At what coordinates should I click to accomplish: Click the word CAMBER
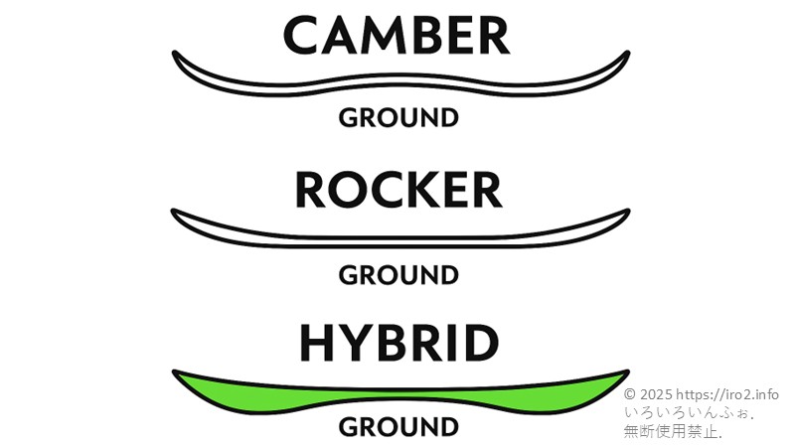(x=397, y=36)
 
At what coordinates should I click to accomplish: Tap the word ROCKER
(x=397, y=190)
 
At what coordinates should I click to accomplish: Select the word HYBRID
(x=397, y=344)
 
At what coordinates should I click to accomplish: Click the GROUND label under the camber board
(x=398, y=118)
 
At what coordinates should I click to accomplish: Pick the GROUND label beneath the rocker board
(x=398, y=274)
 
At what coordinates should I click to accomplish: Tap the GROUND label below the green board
(x=398, y=427)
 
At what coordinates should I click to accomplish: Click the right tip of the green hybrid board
(x=625, y=374)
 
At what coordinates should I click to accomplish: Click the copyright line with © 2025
(x=701, y=394)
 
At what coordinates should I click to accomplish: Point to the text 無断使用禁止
(x=673, y=431)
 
